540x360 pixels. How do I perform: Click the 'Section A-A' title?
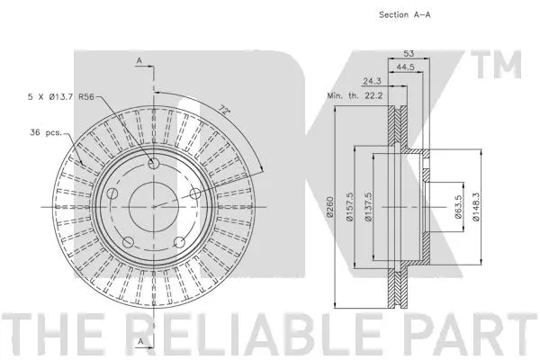pos(405,14)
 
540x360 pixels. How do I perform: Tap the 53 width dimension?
pos(409,54)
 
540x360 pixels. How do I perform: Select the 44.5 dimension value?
pos(405,67)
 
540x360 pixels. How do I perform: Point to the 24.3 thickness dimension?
pos(372,81)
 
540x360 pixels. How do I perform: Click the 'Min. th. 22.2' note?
pos(355,95)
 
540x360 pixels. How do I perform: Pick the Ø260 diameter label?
pos(330,207)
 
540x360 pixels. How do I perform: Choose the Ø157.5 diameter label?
pos(349,207)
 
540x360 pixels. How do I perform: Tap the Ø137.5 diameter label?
pos(368,207)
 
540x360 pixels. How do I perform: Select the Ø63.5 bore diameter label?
pos(458,207)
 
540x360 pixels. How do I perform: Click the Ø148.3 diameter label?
pos(475,207)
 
